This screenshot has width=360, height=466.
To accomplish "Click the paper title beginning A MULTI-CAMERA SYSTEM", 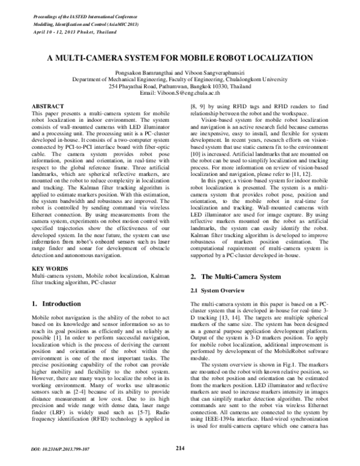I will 180,60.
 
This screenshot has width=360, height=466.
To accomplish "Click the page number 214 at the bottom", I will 179,447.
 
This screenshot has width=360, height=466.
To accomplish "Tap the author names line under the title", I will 180,72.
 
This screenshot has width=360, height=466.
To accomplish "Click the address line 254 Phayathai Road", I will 180,86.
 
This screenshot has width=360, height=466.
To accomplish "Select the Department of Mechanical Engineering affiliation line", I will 180,79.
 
